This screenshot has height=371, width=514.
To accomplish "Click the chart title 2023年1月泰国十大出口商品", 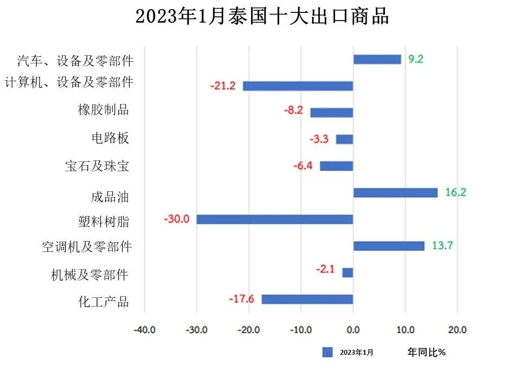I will point(262,17).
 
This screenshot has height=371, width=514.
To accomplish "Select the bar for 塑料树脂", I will point(274,219).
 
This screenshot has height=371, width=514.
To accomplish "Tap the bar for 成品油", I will point(395,193).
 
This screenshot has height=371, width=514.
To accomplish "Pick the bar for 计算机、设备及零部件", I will point(298,86).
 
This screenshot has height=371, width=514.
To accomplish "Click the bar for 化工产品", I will point(307,300).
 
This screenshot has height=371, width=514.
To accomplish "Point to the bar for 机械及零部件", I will point(348,273).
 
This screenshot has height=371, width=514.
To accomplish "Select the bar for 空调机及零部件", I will point(389,246).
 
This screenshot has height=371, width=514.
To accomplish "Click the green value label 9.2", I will point(416,59).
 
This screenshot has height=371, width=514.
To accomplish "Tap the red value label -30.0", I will point(176,219).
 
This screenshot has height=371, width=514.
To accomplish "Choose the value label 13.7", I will point(442,246).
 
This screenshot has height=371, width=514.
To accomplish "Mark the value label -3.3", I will point(319,139).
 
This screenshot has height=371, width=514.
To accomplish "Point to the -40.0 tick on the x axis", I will point(144,329).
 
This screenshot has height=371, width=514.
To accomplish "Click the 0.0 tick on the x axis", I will point(353,329).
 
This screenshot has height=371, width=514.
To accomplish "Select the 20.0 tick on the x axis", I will point(457,329).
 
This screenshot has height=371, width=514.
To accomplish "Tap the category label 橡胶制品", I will point(104,110).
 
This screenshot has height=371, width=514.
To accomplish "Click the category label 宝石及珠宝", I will point(97,166).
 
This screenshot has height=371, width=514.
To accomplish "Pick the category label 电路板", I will point(110,138).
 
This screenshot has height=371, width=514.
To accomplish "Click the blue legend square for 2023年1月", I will point(327,353).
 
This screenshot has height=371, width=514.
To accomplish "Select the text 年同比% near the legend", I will point(426,353).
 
